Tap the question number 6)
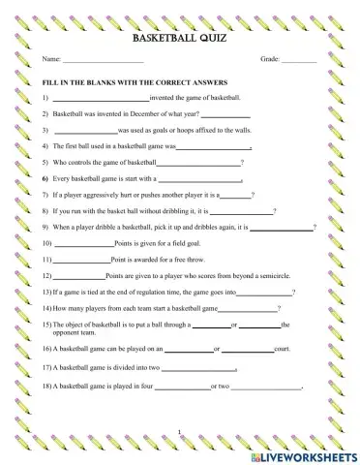click(x=45, y=179)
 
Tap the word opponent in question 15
click(x=69, y=332)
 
